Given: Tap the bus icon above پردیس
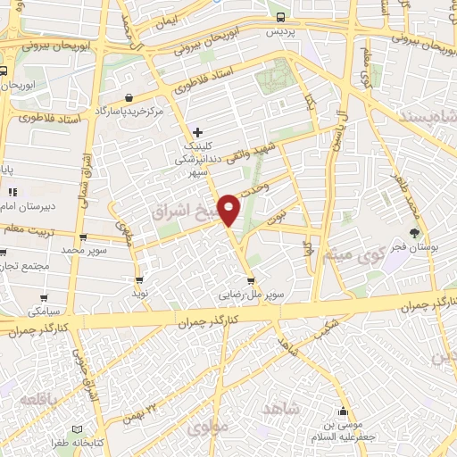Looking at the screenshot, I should click(x=281, y=17).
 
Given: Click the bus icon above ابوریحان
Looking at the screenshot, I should click(x=4, y=71).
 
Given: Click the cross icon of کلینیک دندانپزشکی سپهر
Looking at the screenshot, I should click(x=198, y=132).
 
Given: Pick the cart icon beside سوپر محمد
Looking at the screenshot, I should click(x=83, y=238).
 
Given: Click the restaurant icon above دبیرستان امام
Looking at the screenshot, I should click(x=12, y=192).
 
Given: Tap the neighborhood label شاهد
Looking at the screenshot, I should click(x=278, y=407).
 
